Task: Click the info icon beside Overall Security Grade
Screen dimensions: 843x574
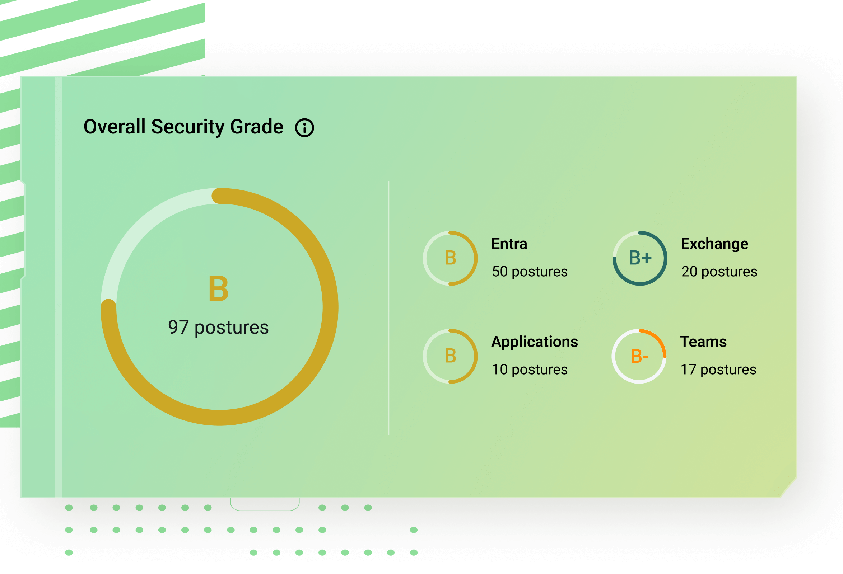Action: click(x=304, y=128)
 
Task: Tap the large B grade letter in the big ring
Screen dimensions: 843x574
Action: click(x=219, y=288)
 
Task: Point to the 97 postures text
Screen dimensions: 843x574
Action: click(x=218, y=328)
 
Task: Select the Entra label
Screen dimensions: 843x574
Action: click(x=509, y=244)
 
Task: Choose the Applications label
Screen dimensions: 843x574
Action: click(x=535, y=342)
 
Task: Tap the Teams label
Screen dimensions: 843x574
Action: click(x=703, y=342)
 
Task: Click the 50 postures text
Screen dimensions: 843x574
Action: click(x=530, y=272)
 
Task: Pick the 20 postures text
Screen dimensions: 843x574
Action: click(x=719, y=272)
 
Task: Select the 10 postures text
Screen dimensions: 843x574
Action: click(x=530, y=370)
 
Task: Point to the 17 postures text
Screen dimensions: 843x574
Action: click(x=718, y=370)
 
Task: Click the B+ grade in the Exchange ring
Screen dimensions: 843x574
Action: click(x=640, y=258)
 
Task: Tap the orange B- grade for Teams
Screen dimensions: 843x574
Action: click(x=639, y=356)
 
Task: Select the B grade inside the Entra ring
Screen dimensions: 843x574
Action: click(x=451, y=258)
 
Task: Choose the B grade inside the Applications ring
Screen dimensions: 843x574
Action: click(x=451, y=356)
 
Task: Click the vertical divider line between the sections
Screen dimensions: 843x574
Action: click(x=388, y=308)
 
